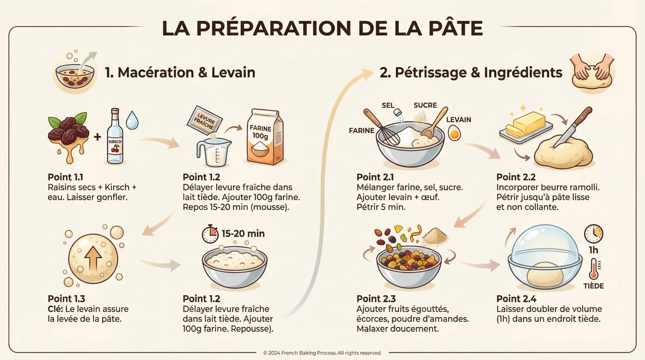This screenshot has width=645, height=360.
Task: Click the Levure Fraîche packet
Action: [x=205, y=120]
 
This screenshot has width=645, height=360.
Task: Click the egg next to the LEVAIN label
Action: [x=454, y=133]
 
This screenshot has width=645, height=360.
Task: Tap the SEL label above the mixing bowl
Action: [x=388, y=105]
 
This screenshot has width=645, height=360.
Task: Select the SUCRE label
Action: [x=425, y=105]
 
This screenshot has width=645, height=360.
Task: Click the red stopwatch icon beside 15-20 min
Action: [x=210, y=234]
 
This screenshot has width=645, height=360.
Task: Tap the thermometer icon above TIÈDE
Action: [x=594, y=269]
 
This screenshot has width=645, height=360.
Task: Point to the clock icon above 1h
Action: [x=593, y=233]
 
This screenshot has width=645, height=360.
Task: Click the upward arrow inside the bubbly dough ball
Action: [x=93, y=258]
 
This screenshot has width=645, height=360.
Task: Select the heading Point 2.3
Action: [x=376, y=299]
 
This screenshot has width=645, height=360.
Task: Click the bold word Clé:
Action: [x=55, y=309]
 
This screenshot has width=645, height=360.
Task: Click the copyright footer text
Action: [x=322, y=353]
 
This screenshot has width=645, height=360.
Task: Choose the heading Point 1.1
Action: [x=65, y=177]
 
